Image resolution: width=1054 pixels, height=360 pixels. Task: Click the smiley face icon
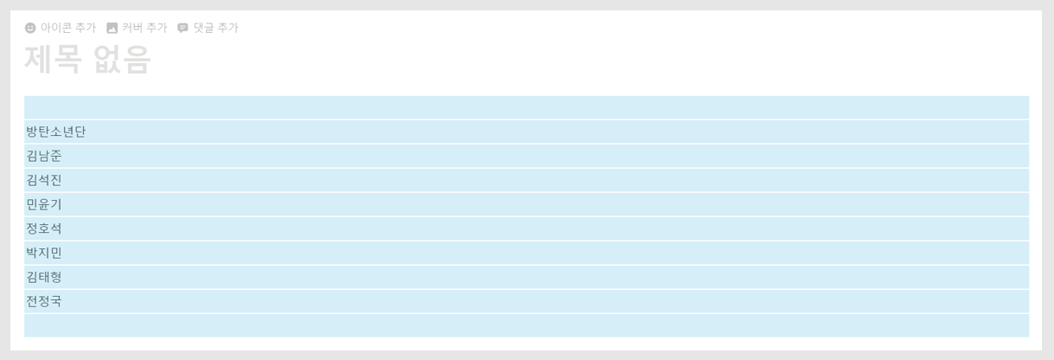pos(31,28)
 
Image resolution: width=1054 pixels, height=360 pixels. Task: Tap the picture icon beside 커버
pos(112,28)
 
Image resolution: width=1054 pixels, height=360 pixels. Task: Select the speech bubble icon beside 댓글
pos(183,28)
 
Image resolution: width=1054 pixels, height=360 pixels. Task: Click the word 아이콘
pos(56,28)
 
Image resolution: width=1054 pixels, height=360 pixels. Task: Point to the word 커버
pos(132,28)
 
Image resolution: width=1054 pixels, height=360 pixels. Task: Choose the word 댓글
pos(203,28)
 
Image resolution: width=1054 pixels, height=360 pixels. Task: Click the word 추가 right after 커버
pos(157,28)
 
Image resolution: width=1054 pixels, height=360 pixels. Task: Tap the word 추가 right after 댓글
pos(228,28)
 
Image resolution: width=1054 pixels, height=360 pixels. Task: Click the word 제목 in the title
pos(53,60)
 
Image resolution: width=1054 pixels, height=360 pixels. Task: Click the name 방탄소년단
pos(55,132)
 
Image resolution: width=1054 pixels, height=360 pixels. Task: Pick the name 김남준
pos(43,156)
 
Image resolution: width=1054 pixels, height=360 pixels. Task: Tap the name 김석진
pos(43,180)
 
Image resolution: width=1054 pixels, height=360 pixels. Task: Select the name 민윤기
pos(43,204)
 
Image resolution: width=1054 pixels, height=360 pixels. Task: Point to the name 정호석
pos(43,228)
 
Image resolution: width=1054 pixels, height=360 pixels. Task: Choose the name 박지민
pos(43,253)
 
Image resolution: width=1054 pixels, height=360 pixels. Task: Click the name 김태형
pos(43,277)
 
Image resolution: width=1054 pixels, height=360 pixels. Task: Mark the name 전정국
pos(43,301)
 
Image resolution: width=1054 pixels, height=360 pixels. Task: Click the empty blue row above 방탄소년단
pos(526,107)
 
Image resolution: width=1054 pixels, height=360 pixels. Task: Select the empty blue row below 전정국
pos(526,325)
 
